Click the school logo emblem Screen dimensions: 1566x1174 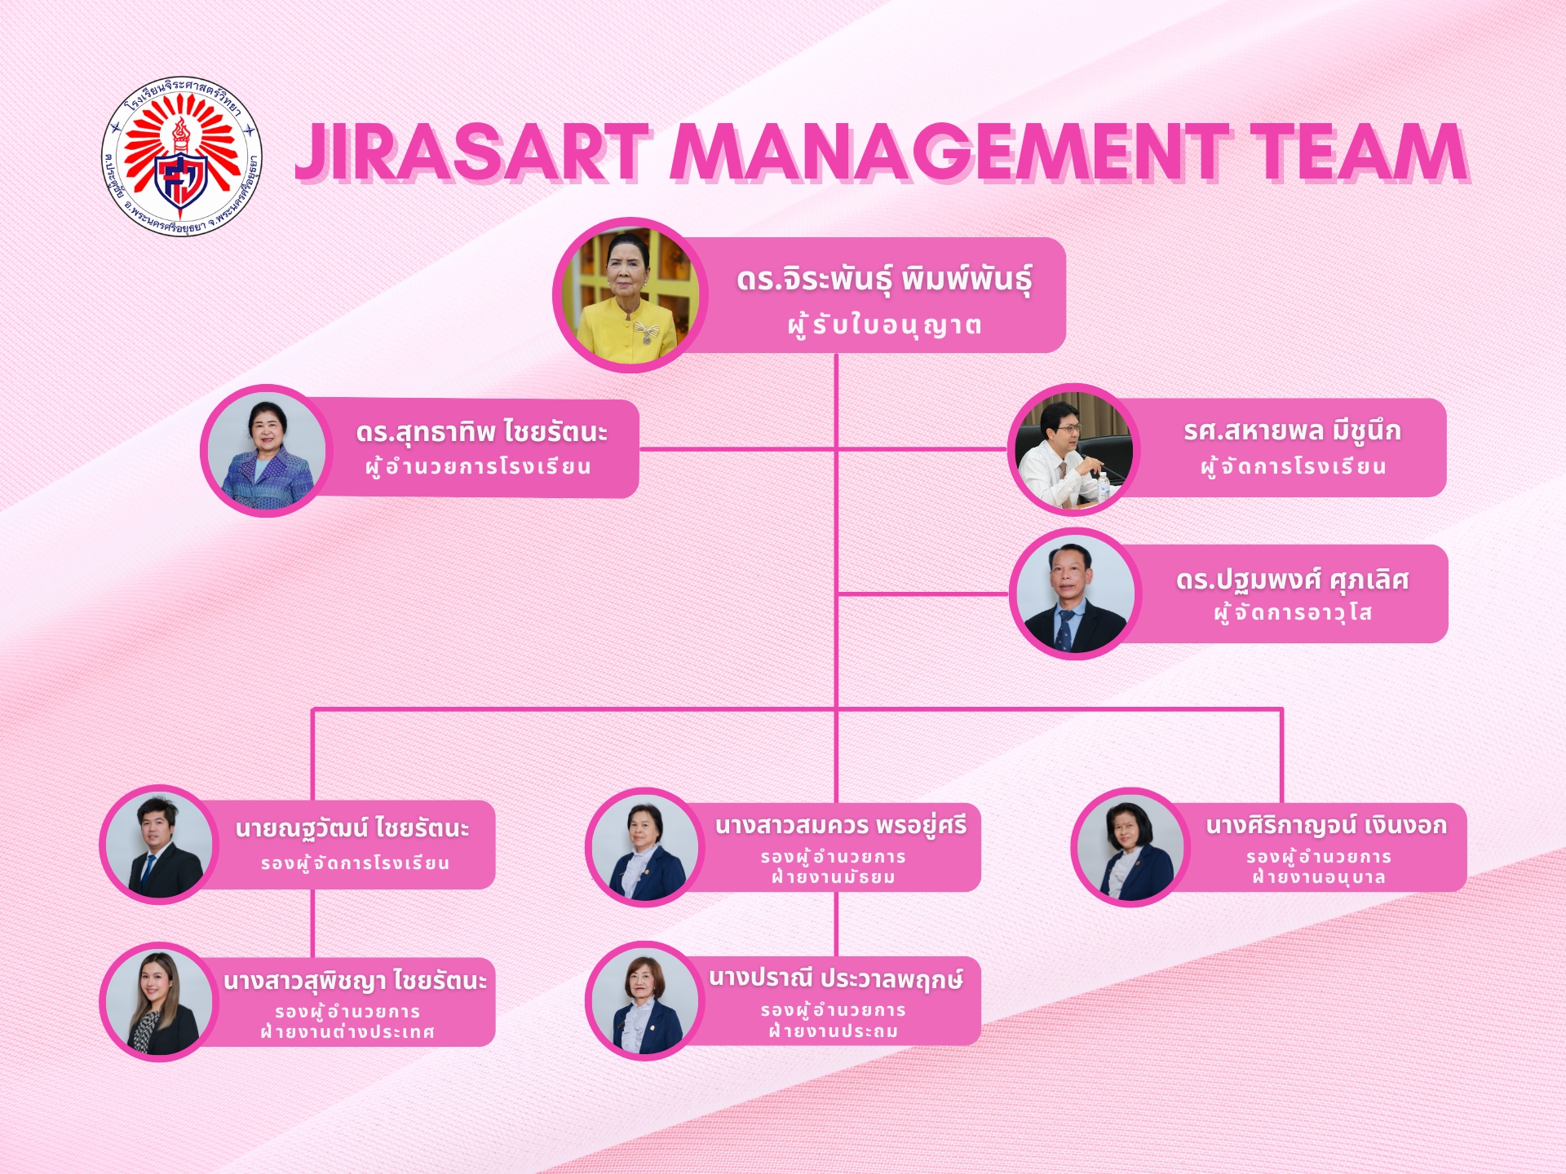point(181,156)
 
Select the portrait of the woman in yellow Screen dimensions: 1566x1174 point(630,295)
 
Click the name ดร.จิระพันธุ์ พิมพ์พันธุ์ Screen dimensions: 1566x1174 point(884,280)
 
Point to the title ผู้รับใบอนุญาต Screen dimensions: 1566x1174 point(884,325)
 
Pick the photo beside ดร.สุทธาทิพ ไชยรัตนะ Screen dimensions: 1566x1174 point(266,450)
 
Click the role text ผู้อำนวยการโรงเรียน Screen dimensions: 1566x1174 point(478,467)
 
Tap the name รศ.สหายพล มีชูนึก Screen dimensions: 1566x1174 point(1292,431)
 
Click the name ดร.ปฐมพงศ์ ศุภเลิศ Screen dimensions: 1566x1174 point(1292,580)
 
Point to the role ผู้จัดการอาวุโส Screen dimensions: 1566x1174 point(1293,612)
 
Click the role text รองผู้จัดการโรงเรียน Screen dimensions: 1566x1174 point(355,863)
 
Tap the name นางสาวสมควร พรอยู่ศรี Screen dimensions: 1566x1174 point(841,826)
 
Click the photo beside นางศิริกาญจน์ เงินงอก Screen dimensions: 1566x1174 point(1130,847)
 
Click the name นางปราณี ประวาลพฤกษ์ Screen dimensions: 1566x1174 point(836,978)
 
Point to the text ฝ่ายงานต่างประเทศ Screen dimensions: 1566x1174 point(347,1032)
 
